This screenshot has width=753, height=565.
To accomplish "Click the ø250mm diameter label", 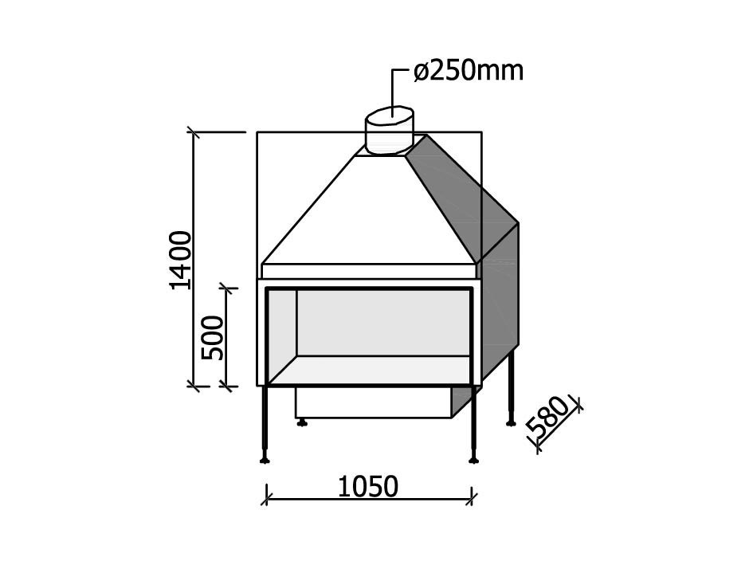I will [469, 72].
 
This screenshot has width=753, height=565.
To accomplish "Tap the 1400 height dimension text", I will [181, 260].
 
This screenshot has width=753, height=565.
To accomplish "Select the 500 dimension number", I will [213, 338].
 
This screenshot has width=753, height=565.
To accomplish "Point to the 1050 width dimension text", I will [367, 486].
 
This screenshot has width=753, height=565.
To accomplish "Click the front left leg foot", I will [265, 459].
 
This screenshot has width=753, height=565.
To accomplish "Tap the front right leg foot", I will [474, 459].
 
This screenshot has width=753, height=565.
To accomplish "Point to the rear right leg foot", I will [511, 422].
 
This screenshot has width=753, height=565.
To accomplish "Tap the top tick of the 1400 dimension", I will [192, 131].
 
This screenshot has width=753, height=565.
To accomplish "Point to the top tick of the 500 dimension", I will [229, 288].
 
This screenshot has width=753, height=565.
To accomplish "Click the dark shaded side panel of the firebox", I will [500, 311].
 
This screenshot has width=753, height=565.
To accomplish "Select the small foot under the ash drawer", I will [302, 422].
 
